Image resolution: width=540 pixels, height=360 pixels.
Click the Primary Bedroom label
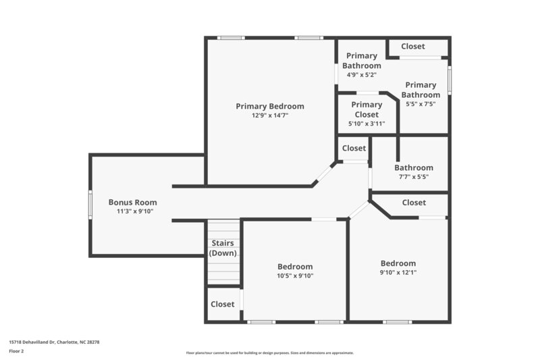pos(269,106)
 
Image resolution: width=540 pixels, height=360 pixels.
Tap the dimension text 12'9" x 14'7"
pos(269,115)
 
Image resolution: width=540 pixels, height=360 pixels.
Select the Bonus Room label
pos(133,202)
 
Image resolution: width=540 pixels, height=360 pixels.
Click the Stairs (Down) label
pos(223,248)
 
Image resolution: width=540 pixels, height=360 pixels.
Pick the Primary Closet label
pos(367,109)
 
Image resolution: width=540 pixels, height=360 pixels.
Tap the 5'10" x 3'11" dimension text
pos(367,124)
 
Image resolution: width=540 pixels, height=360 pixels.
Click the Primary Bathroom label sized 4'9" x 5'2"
pos(361,61)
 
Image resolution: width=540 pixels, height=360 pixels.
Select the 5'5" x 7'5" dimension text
pos(421,104)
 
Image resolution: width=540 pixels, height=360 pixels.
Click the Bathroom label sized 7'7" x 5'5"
pos(414,168)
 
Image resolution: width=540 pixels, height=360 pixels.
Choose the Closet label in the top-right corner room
pos(413,47)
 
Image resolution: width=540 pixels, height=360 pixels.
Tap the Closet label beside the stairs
pos(222,305)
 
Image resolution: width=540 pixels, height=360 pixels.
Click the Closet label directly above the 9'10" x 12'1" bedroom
pos(414,203)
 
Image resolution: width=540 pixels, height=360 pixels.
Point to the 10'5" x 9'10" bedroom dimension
pos(295,276)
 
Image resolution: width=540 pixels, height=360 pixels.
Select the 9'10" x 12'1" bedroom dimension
pos(398,273)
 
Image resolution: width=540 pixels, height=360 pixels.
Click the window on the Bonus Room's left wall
pos(90,204)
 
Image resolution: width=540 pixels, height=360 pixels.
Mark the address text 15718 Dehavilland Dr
pos(54,342)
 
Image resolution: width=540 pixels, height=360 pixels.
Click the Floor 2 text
pos(16,351)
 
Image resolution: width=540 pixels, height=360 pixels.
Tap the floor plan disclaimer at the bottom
pos(269,353)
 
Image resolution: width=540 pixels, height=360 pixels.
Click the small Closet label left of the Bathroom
pos(354,148)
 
